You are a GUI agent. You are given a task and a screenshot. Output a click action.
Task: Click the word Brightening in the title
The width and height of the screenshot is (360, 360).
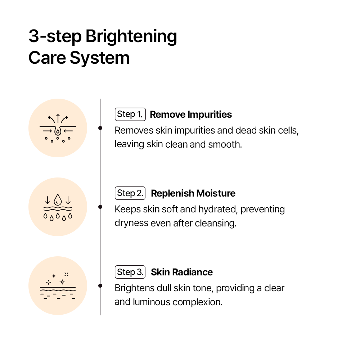(x=131, y=37)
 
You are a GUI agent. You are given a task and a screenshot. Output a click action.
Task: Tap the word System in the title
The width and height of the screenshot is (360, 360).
(x=100, y=58)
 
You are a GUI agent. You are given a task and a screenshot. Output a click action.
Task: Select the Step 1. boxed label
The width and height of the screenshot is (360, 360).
(x=130, y=114)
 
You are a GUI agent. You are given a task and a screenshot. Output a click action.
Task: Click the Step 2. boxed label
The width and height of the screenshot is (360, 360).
(x=130, y=193)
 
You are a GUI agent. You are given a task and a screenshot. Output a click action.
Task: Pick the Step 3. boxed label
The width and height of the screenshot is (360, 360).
(x=130, y=272)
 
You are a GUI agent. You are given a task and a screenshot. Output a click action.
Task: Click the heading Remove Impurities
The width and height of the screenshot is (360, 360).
(x=191, y=114)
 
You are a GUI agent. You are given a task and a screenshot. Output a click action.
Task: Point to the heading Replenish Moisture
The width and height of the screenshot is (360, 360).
(x=193, y=193)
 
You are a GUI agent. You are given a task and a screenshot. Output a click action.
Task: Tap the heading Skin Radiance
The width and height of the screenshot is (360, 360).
(x=182, y=272)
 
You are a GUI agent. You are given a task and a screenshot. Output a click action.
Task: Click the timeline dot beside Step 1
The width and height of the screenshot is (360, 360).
(x=100, y=128)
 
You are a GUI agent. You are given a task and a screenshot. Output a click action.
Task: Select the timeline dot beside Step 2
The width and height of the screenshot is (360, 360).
(x=100, y=207)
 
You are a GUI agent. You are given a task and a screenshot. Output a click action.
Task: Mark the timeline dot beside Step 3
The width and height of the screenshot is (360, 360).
(x=100, y=285)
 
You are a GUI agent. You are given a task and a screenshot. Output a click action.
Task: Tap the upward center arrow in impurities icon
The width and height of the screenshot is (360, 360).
(x=58, y=118)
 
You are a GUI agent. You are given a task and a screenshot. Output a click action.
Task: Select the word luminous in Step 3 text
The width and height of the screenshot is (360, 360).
(x=152, y=302)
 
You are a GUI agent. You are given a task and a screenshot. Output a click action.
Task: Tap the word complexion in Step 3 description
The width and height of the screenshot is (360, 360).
(x=197, y=302)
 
